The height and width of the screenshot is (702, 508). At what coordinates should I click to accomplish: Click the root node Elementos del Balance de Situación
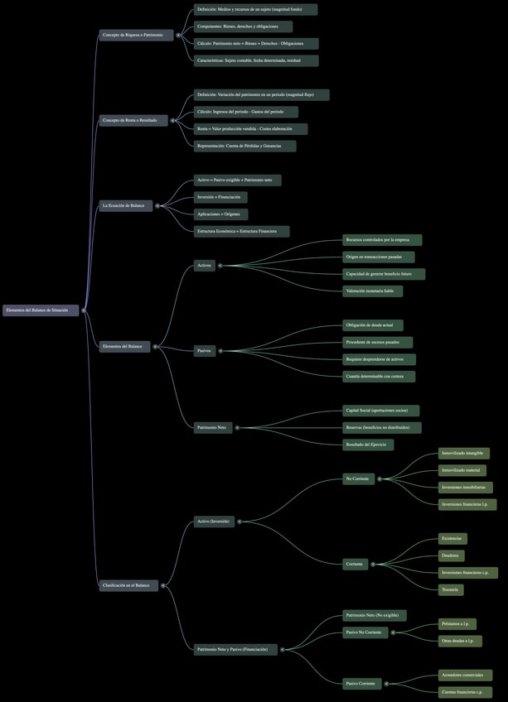coord(40,310)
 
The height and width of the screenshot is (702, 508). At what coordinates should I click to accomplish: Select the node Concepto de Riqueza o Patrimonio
coord(136,35)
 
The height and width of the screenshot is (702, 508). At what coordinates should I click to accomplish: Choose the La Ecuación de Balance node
coord(126,205)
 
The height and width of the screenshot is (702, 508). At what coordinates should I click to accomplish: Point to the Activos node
coord(204,266)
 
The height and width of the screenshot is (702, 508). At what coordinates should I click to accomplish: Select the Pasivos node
coord(204,351)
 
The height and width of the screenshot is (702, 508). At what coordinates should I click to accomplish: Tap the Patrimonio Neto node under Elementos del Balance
coord(211,428)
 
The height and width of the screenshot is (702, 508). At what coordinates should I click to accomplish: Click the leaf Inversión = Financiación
coord(220,197)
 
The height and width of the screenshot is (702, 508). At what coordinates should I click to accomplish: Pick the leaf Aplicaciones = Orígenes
coord(220,214)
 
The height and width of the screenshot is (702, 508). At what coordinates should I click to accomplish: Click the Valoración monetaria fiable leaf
coord(375,291)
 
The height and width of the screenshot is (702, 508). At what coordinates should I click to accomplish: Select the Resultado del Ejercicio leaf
coord(367,445)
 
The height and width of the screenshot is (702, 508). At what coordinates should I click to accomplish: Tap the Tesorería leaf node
coord(451,589)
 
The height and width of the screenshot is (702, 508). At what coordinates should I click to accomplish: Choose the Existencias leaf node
coord(452,539)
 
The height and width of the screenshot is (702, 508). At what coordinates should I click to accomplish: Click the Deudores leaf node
coord(451,555)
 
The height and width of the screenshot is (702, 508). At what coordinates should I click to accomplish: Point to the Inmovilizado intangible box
coord(464,454)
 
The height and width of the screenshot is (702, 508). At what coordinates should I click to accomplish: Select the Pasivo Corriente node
coord(360,684)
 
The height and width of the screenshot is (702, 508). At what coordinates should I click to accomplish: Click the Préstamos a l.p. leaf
coord(457,624)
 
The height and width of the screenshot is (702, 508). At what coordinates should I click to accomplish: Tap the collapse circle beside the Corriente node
coord(374,565)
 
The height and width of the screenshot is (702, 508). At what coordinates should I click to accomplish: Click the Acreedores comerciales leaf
coord(465,676)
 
